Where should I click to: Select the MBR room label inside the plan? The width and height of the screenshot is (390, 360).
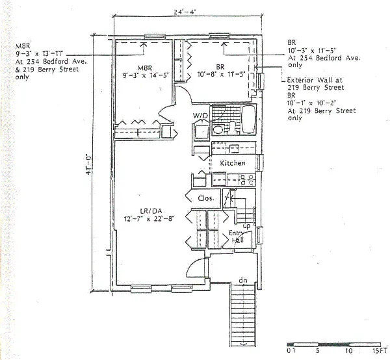[144, 67]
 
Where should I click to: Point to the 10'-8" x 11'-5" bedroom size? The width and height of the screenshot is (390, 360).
[221, 75]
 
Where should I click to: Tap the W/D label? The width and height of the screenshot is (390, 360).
[200, 116]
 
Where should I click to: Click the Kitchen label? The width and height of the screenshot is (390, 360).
[232, 162]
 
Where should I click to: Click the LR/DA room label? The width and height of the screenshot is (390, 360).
[150, 211]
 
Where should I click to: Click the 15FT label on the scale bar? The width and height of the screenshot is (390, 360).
[380, 350]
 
